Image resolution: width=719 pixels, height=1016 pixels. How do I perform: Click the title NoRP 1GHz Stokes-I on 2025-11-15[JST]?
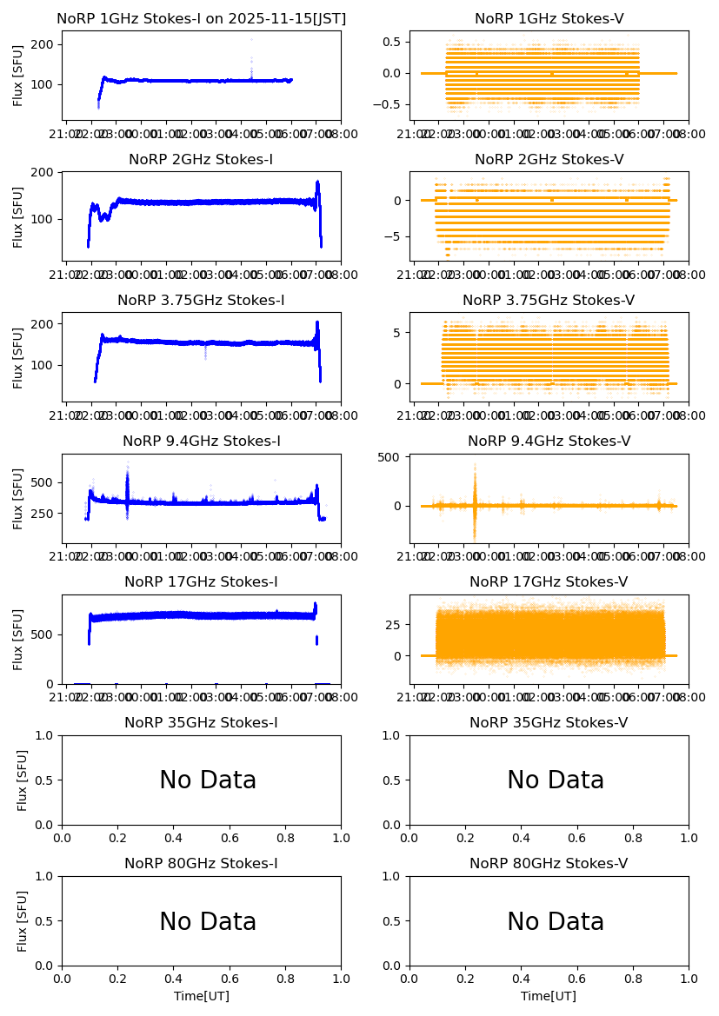[201, 19]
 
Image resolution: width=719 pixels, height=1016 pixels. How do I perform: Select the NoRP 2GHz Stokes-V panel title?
[549, 160]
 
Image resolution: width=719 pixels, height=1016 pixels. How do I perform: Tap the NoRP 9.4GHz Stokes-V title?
[549, 442]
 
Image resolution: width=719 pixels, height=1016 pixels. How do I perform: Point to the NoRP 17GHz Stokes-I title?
[201, 582]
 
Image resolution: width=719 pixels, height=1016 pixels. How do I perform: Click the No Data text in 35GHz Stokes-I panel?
[208, 780]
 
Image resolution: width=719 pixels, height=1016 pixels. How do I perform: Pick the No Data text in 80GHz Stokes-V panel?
[556, 922]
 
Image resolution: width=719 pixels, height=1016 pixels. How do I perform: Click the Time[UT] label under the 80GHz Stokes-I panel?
[201, 996]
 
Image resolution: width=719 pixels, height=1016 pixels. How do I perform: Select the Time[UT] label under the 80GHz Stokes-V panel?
[549, 996]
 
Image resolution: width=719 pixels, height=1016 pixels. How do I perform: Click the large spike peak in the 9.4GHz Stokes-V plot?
[475, 464]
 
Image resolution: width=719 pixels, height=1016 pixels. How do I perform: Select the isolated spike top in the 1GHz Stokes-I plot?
[251, 39]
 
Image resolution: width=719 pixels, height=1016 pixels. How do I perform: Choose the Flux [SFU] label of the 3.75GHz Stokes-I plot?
[18, 357]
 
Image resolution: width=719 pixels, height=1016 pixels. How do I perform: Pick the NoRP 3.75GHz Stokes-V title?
[549, 301]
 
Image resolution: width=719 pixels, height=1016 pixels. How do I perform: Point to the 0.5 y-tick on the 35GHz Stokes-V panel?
[393, 780]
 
